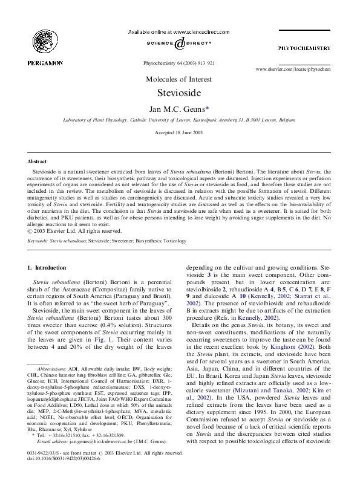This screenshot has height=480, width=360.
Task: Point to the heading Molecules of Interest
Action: coord(180,79)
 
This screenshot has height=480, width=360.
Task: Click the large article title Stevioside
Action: coord(180,94)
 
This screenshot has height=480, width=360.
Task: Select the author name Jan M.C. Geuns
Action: coord(178,109)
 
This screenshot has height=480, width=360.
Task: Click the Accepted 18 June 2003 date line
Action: coord(180,132)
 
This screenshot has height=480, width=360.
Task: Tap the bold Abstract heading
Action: coord(38,162)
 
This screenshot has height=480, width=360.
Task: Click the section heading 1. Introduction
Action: coord(50,267)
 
